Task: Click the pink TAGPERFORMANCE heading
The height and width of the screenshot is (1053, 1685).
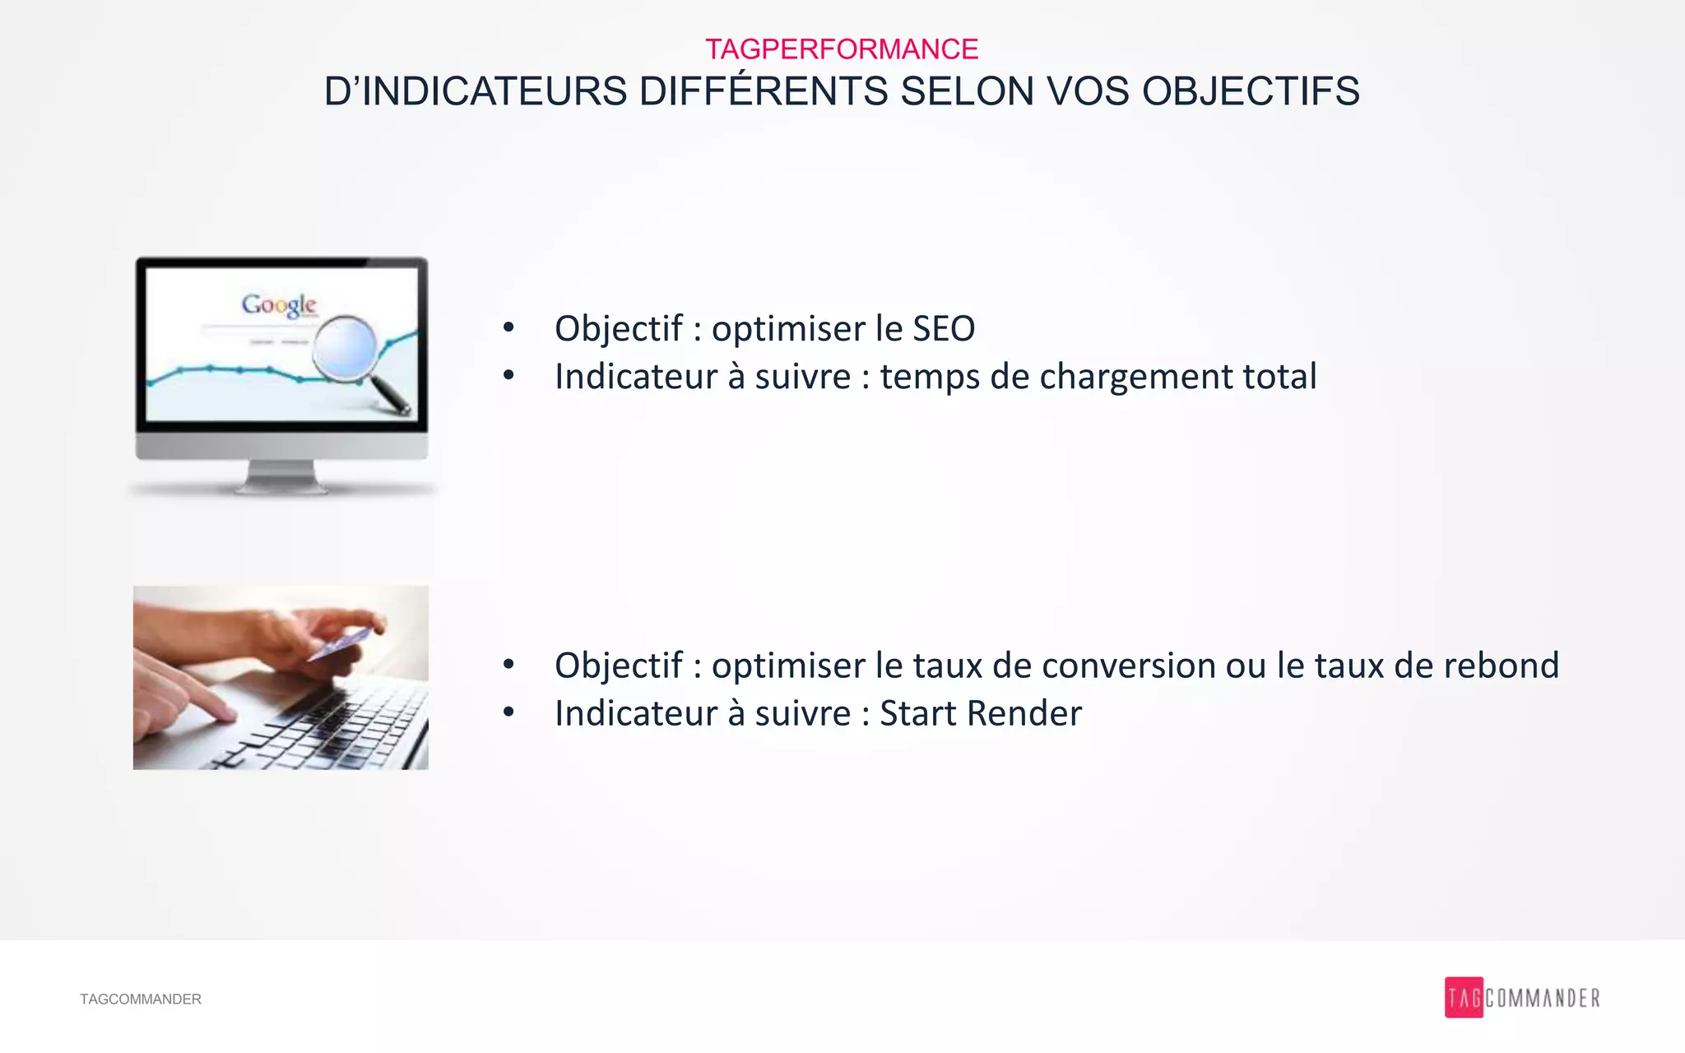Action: click(841, 49)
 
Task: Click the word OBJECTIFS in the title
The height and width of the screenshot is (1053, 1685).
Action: click(1251, 91)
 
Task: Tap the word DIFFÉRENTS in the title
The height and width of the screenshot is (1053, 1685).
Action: click(763, 91)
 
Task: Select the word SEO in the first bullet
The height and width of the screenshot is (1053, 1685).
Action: click(943, 329)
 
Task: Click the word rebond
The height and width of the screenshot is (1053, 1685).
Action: click(1501, 666)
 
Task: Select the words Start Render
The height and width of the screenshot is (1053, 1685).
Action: click(980, 713)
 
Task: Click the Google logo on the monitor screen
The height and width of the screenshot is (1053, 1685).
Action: click(279, 305)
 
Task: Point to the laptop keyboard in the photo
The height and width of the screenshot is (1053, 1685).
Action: click(346, 724)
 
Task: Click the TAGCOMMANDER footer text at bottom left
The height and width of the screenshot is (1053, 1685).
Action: click(140, 999)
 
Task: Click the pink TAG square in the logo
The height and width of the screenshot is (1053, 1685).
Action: click(1463, 998)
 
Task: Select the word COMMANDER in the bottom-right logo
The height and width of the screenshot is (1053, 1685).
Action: click(1543, 999)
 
